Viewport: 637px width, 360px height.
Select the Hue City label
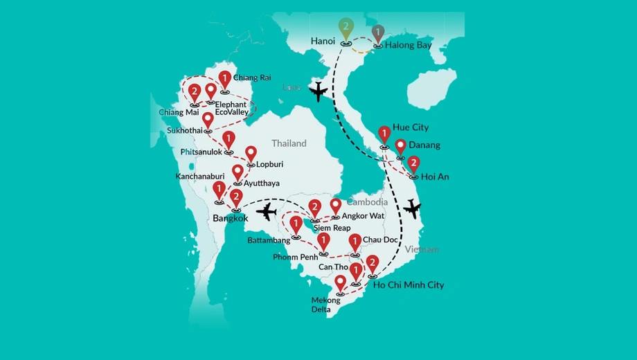coord(410,128)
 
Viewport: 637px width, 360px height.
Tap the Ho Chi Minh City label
coord(409,285)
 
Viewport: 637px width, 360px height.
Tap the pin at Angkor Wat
coord(336,206)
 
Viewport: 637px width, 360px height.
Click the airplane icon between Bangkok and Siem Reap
coord(266,211)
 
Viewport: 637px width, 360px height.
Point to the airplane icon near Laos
coord(318,91)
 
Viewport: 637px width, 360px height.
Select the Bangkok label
coord(231,218)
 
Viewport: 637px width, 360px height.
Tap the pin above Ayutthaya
coord(238,172)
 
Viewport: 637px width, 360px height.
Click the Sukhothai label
coord(185,130)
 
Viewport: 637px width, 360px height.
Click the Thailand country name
coord(289,143)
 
